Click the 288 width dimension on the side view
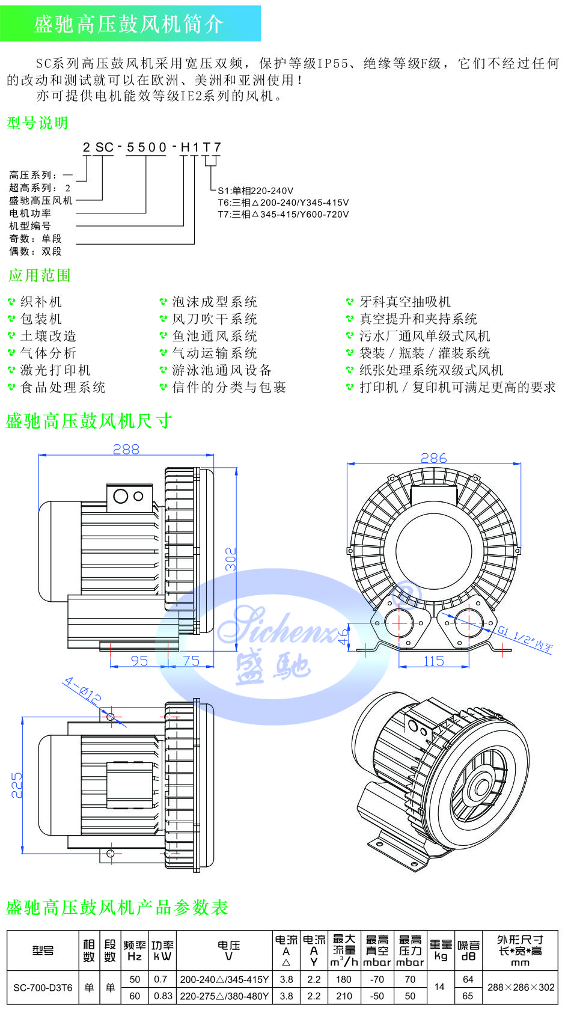pos(126,449)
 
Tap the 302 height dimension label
pos(231,559)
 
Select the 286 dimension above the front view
pos(433,458)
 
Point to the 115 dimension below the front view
pos(433,661)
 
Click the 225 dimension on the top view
pos(17,785)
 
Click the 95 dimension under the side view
pos(139,661)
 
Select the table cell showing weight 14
pos(439,987)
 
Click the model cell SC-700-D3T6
pos(43,987)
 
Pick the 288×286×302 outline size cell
pos(521,987)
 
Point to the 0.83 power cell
pos(163,996)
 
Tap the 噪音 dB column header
pos(468,950)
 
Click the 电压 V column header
pos(228,950)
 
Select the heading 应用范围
pos(40,276)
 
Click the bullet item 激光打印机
pos(55,370)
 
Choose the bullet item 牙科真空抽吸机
pos(405,302)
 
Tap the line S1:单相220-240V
pos(255,191)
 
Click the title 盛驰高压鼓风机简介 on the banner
pos(129,24)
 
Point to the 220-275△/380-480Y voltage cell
pos(224,996)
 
